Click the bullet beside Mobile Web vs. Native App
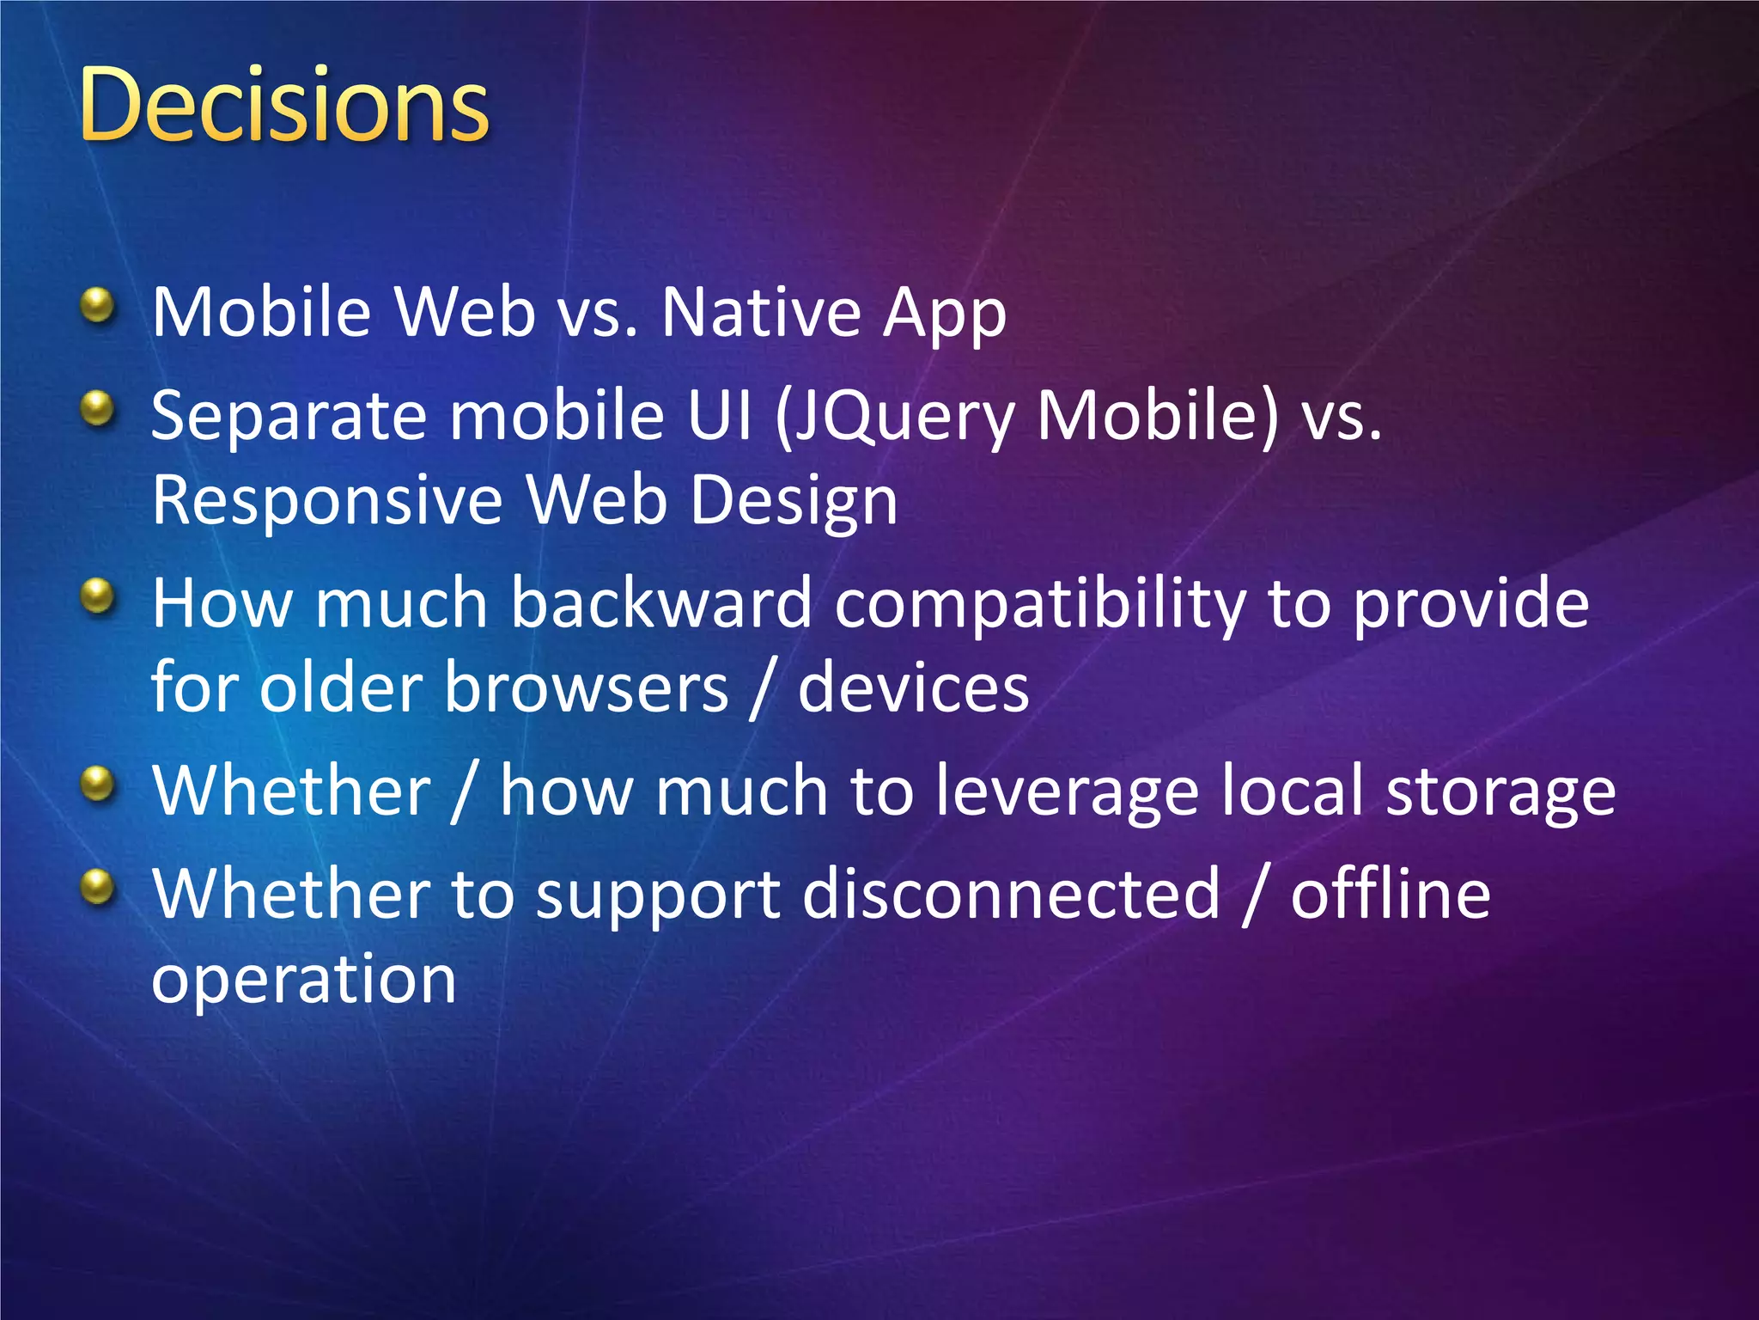99,305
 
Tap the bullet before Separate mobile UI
99,408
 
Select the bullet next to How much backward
99,596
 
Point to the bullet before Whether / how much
99,783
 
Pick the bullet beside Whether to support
99,886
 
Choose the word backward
661,603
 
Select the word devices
913,688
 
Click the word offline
1391,894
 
